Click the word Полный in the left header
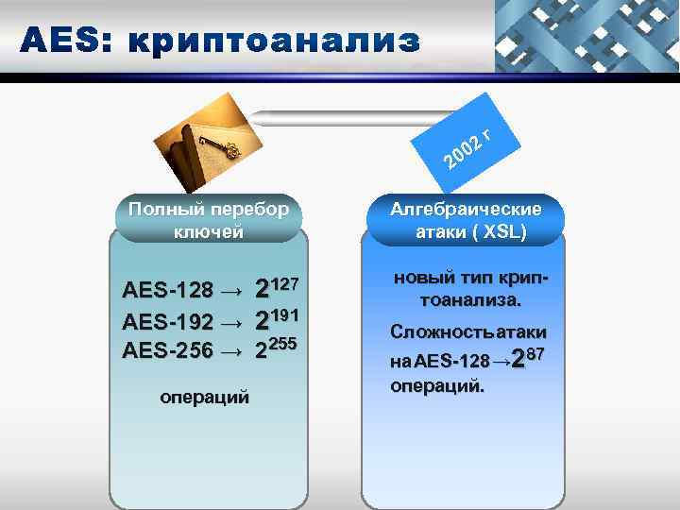[x=158, y=209]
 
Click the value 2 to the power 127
[x=277, y=288]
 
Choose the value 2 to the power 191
[x=277, y=319]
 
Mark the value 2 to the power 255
[x=277, y=349]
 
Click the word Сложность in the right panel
[x=436, y=333]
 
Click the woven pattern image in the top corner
[x=586, y=37]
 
